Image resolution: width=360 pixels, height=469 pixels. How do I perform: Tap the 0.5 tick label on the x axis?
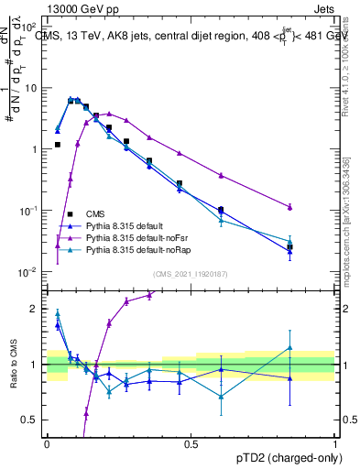click(191, 442)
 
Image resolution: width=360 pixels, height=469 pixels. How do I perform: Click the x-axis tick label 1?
click(335, 442)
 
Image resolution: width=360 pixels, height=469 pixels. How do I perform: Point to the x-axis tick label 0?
click(47, 442)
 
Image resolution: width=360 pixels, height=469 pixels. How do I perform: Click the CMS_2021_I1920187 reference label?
click(190, 273)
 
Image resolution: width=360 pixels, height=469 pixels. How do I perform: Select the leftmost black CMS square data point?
click(58, 145)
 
